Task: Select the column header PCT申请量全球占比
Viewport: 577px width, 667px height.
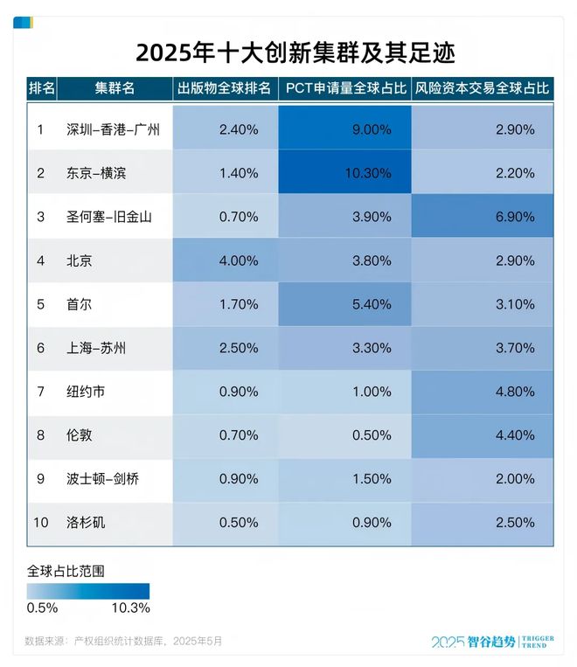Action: pyautogui.click(x=344, y=88)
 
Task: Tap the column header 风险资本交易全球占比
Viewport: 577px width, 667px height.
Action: pyautogui.click(x=482, y=88)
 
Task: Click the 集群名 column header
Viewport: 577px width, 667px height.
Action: pyautogui.click(x=115, y=88)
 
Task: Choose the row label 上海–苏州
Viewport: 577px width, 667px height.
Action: pyautogui.click(x=96, y=348)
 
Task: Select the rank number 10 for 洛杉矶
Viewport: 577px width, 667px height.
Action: pyautogui.click(x=41, y=523)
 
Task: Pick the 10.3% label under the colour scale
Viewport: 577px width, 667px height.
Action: pyautogui.click(x=130, y=608)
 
